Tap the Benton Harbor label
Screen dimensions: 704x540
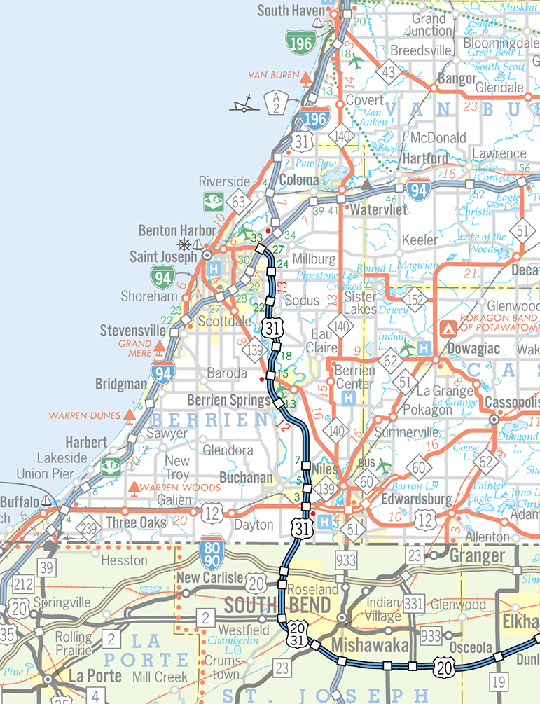[x=172, y=230]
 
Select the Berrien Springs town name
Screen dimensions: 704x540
[x=229, y=401]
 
